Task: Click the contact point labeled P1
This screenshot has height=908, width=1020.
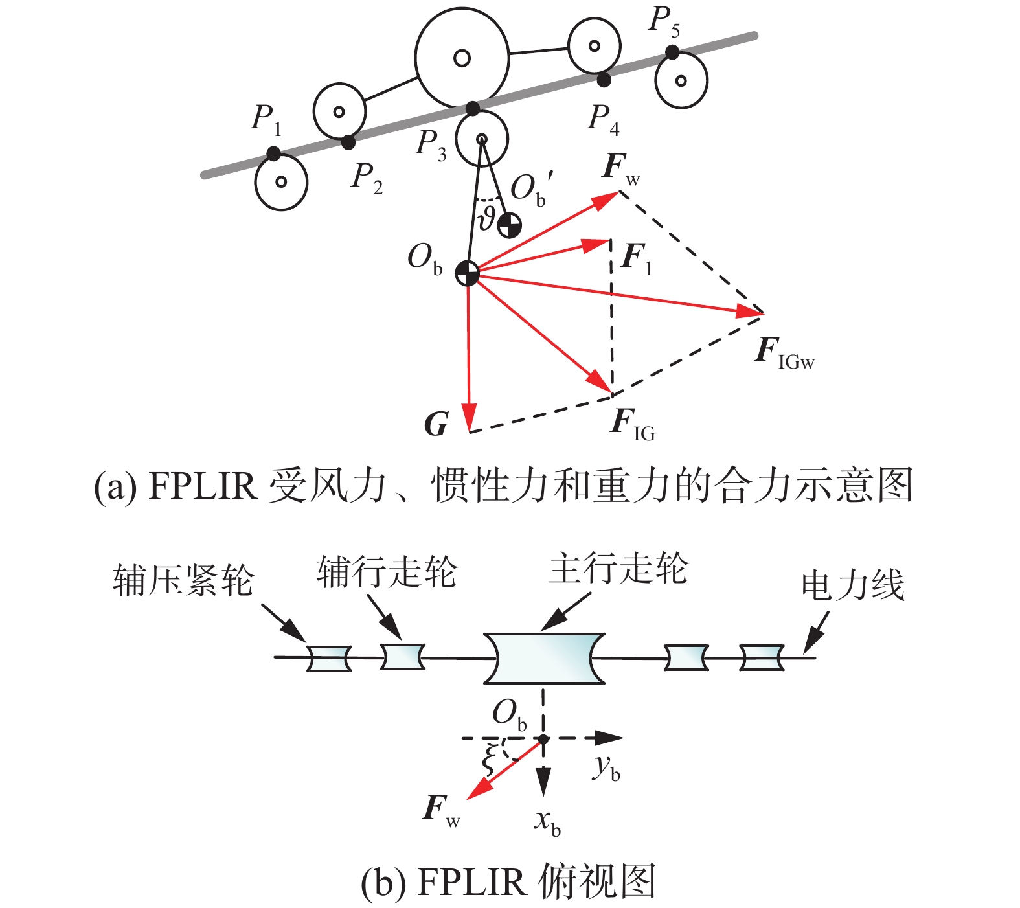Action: [274, 154]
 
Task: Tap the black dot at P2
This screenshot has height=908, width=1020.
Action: [348, 142]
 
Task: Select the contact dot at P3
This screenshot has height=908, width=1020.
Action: [473, 108]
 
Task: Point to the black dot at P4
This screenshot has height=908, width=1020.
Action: [604, 80]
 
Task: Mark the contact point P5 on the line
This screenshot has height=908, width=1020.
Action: [672, 52]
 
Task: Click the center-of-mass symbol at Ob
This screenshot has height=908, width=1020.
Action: [467, 273]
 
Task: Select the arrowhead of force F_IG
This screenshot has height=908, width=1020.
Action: [602, 383]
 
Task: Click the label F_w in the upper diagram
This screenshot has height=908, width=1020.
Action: [620, 168]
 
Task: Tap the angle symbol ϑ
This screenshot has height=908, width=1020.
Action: [486, 218]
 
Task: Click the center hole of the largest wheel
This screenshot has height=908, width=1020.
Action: [462, 58]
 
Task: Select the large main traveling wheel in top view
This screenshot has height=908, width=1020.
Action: [544, 659]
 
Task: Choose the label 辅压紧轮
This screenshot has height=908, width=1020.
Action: [183, 580]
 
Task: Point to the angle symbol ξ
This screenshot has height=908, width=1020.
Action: [492, 758]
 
